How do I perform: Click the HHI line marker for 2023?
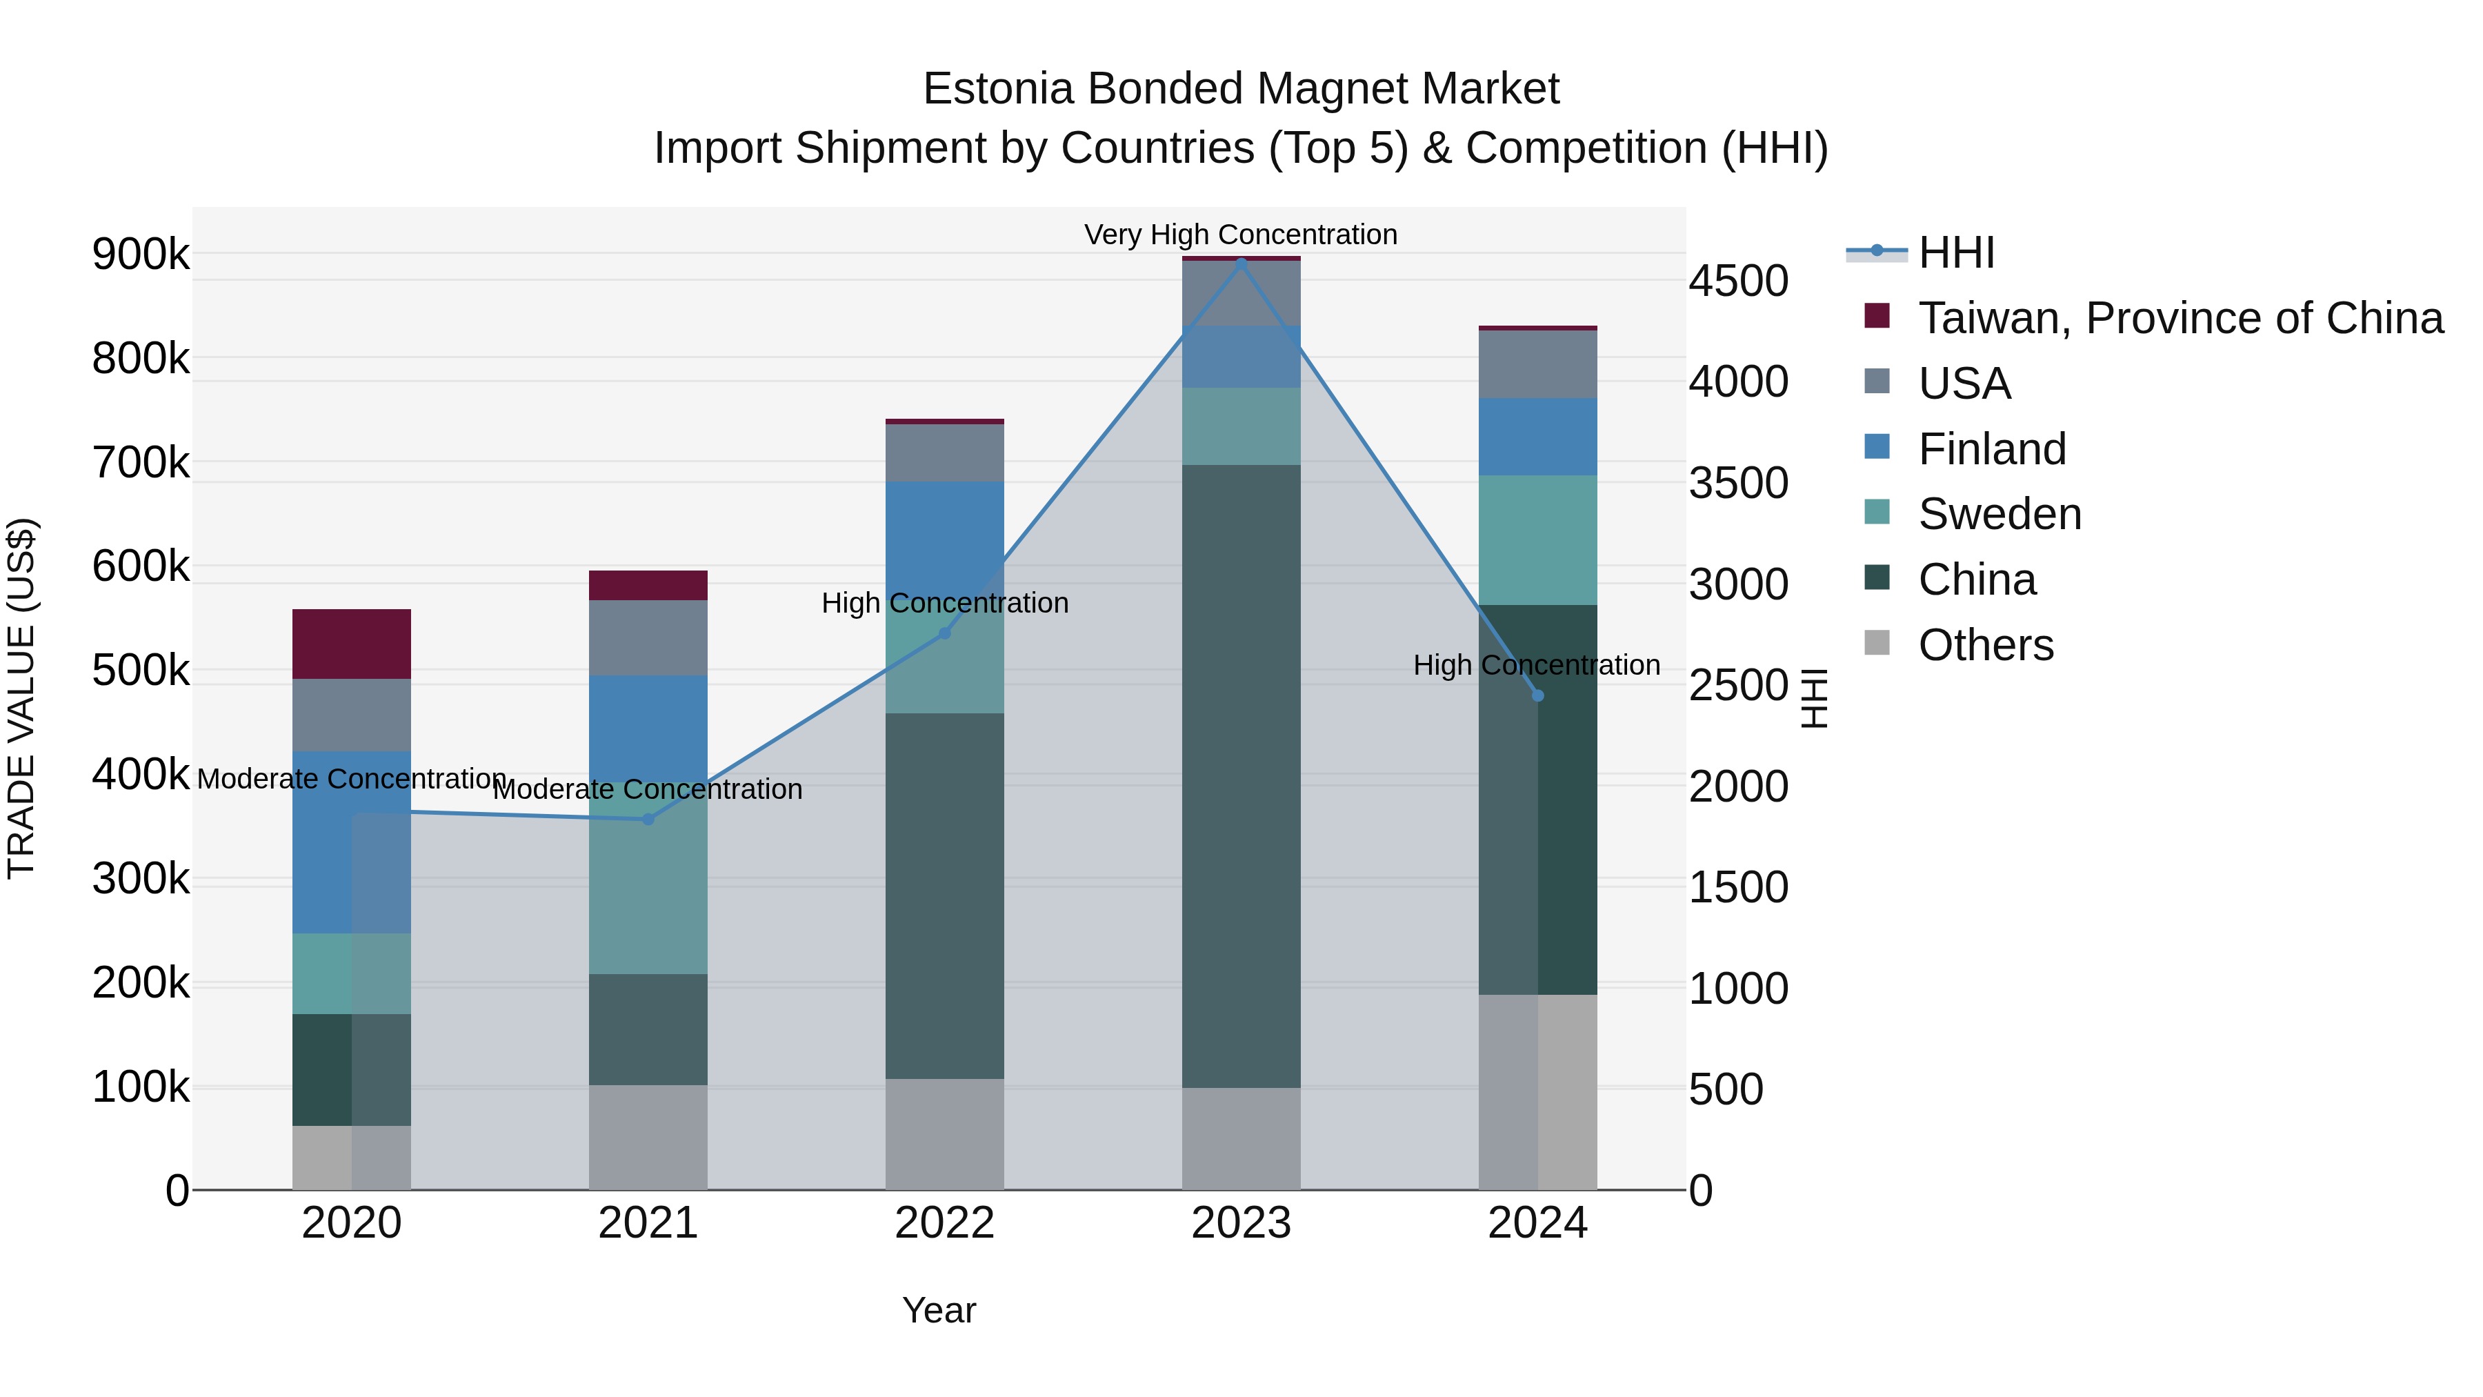(x=1241, y=262)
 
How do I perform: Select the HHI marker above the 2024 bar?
(x=1537, y=696)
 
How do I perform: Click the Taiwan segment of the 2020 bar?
(x=352, y=644)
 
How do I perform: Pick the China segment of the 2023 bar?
(x=1241, y=776)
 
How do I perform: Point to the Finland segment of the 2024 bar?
(x=1537, y=437)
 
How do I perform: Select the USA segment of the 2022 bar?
(x=945, y=452)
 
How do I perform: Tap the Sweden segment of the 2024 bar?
(x=1537, y=540)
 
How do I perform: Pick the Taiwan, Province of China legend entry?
(x=2180, y=318)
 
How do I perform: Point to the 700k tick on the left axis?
(x=141, y=463)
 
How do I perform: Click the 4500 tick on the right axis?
(x=1738, y=281)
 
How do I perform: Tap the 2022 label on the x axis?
(x=945, y=1223)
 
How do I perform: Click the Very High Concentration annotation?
(x=1241, y=235)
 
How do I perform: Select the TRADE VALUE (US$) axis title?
(x=21, y=698)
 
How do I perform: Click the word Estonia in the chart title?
(x=999, y=89)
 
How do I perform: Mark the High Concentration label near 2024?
(x=1537, y=665)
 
